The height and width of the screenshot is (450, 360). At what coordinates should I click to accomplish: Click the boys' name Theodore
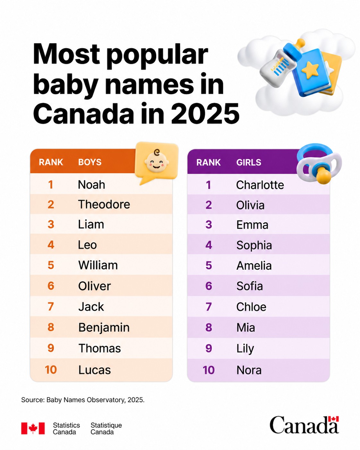pyautogui.click(x=104, y=204)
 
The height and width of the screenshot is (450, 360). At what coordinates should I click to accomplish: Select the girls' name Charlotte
pyautogui.click(x=260, y=185)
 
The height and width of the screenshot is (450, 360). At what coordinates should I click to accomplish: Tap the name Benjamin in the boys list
pyautogui.click(x=104, y=328)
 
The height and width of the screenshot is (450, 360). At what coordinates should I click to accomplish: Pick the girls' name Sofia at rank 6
pyautogui.click(x=250, y=286)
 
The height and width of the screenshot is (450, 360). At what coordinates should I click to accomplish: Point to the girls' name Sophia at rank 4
pyautogui.click(x=254, y=245)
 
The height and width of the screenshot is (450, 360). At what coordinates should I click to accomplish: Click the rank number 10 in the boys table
pyautogui.click(x=51, y=370)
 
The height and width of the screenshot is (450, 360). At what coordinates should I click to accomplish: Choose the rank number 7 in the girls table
pyautogui.click(x=209, y=307)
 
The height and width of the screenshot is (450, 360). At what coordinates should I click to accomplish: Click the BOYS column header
pyautogui.click(x=90, y=162)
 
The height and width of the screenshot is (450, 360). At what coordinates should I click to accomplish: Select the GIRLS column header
pyautogui.click(x=249, y=162)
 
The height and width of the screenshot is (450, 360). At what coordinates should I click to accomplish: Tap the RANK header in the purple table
pyautogui.click(x=209, y=162)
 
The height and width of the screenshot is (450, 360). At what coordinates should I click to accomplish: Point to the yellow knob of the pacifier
pyautogui.click(x=324, y=175)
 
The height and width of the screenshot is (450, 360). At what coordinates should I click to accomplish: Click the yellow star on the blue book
pyautogui.click(x=310, y=70)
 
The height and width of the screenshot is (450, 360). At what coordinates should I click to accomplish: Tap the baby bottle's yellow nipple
pyautogui.click(x=301, y=44)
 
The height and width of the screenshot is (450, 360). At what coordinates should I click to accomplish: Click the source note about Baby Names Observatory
pyautogui.click(x=83, y=400)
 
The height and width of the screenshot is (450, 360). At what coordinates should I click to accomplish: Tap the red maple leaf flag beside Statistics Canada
pyautogui.click(x=33, y=428)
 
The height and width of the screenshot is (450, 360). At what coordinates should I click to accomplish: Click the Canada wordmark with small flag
pyautogui.click(x=304, y=425)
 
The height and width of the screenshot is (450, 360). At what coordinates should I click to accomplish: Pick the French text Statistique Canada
pyautogui.click(x=106, y=429)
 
